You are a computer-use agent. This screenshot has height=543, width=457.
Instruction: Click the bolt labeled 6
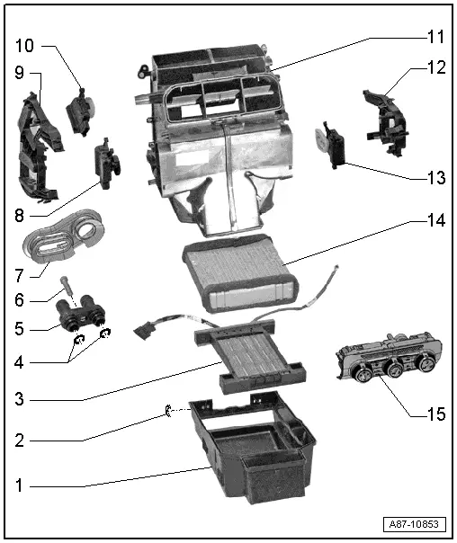click(x=69, y=289)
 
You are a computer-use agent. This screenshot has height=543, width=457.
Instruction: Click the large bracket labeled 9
click(x=40, y=148)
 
